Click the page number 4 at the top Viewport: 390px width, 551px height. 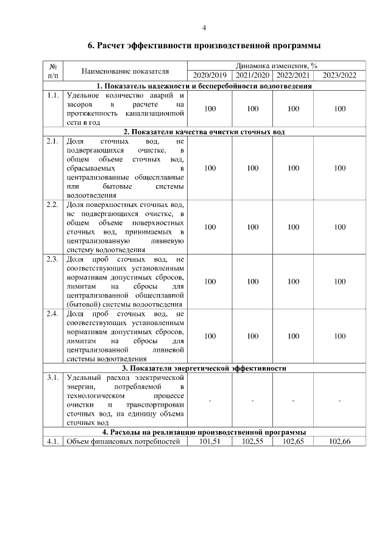(204, 27)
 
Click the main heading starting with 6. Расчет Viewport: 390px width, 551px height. (204, 46)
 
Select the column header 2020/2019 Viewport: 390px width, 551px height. (210, 75)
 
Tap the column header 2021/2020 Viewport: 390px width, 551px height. (253, 75)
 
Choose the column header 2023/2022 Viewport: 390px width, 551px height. (339, 75)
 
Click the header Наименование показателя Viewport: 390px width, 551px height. (125, 71)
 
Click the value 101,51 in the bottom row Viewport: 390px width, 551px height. (210, 441)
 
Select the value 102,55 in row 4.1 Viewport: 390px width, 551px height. (253, 441)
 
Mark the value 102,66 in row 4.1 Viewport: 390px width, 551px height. (339, 441)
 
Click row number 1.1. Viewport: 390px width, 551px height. (52, 96)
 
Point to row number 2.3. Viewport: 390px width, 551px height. (52, 260)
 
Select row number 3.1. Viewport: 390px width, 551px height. (52, 378)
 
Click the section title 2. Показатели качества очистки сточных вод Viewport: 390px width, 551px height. (204, 132)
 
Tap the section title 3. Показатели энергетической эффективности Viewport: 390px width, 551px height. (204, 368)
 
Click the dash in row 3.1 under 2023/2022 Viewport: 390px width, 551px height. (339, 400)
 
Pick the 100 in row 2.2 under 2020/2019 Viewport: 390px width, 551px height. (210, 227)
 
